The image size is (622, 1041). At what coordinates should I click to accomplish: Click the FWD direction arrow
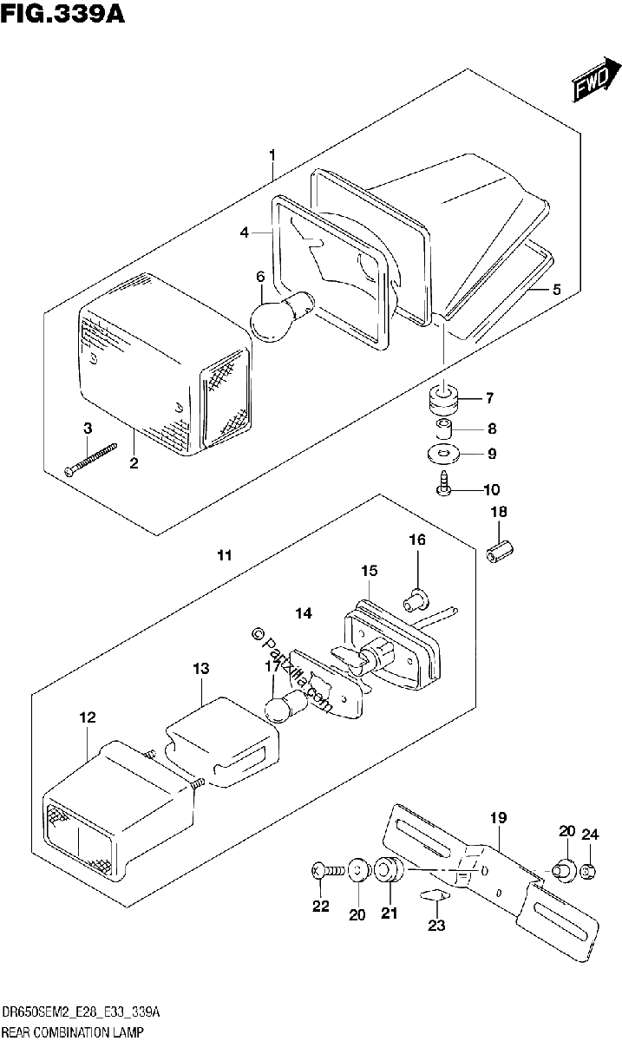coord(597,79)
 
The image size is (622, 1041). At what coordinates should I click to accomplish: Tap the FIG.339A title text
coord(62,13)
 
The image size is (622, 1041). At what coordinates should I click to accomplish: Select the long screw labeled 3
coord(90,459)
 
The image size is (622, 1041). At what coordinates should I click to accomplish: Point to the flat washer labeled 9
coord(442,454)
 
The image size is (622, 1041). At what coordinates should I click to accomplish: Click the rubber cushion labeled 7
coord(443,400)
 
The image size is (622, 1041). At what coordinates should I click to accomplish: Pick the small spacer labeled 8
coord(443,429)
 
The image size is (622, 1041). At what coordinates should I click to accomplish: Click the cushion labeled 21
coord(389,870)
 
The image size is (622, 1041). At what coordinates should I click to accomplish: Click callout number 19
coord(498,817)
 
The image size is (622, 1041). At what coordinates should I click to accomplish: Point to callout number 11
coord(225,555)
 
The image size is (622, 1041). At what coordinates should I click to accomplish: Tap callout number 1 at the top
coord(272,154)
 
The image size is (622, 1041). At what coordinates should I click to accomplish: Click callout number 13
coord(200,669)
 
